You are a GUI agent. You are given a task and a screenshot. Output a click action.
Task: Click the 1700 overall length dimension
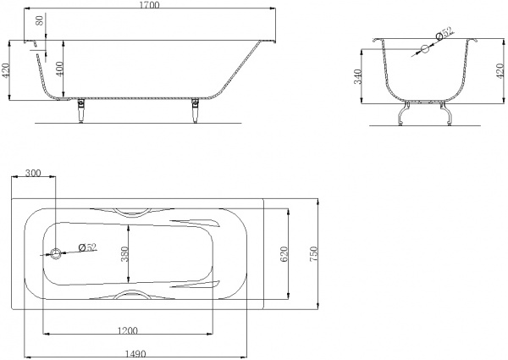[x=151, y=5]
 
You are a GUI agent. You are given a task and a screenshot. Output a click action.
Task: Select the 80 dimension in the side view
[x=40, y=21]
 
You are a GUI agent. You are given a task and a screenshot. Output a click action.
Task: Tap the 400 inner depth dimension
[x=59, y=69]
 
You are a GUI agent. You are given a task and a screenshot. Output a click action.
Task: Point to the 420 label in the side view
[x=6, y=70]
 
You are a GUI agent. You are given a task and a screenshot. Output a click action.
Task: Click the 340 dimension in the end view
[x=357, y=76]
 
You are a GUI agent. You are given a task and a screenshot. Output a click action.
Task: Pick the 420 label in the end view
[x=500, y=71]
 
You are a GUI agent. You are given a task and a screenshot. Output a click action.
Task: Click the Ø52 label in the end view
[x=445, y=33]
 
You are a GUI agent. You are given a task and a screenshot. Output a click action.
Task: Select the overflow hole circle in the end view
[x=424, y=49]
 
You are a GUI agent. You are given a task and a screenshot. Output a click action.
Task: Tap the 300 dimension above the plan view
[x=33, y=173]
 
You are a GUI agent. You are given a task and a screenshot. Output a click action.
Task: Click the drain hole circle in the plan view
[x=56, y=254]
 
